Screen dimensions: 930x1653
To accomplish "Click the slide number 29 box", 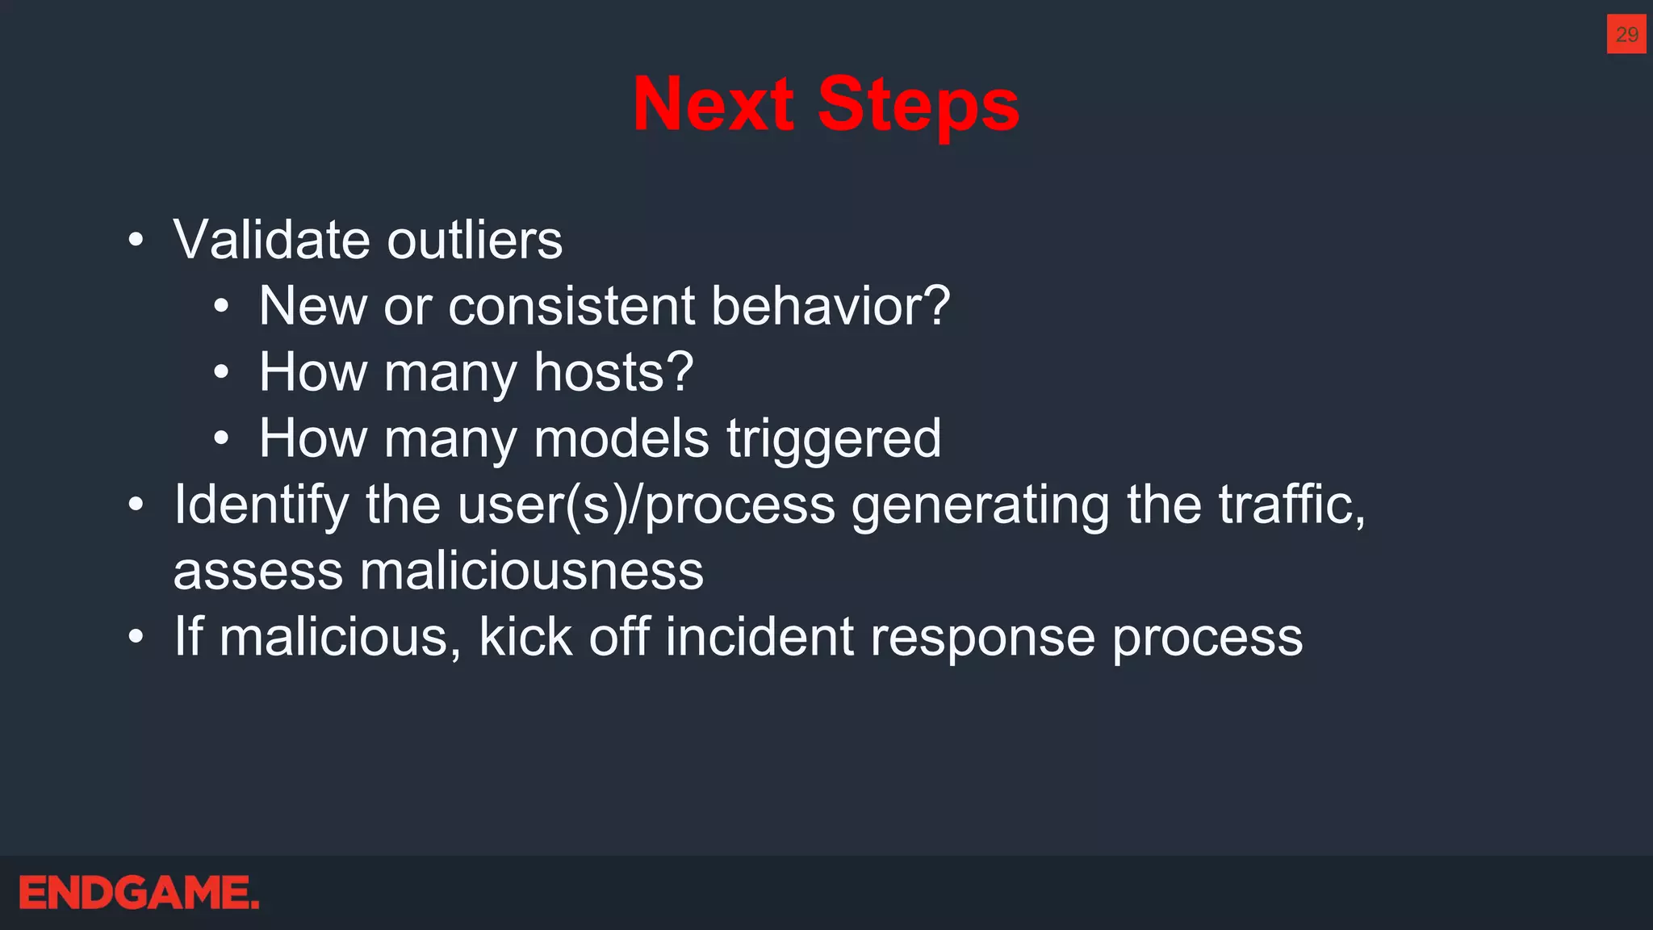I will coord(1626,34).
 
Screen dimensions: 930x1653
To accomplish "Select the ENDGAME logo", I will coord(139,893).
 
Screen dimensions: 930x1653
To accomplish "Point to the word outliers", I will coord(475,241).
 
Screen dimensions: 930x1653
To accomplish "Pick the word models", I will coord(621,439).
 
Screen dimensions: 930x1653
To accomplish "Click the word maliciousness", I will coord(531,572).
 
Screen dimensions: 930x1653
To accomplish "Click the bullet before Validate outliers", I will coord(136,240).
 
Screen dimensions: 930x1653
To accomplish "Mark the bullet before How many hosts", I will coord(221,372).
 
